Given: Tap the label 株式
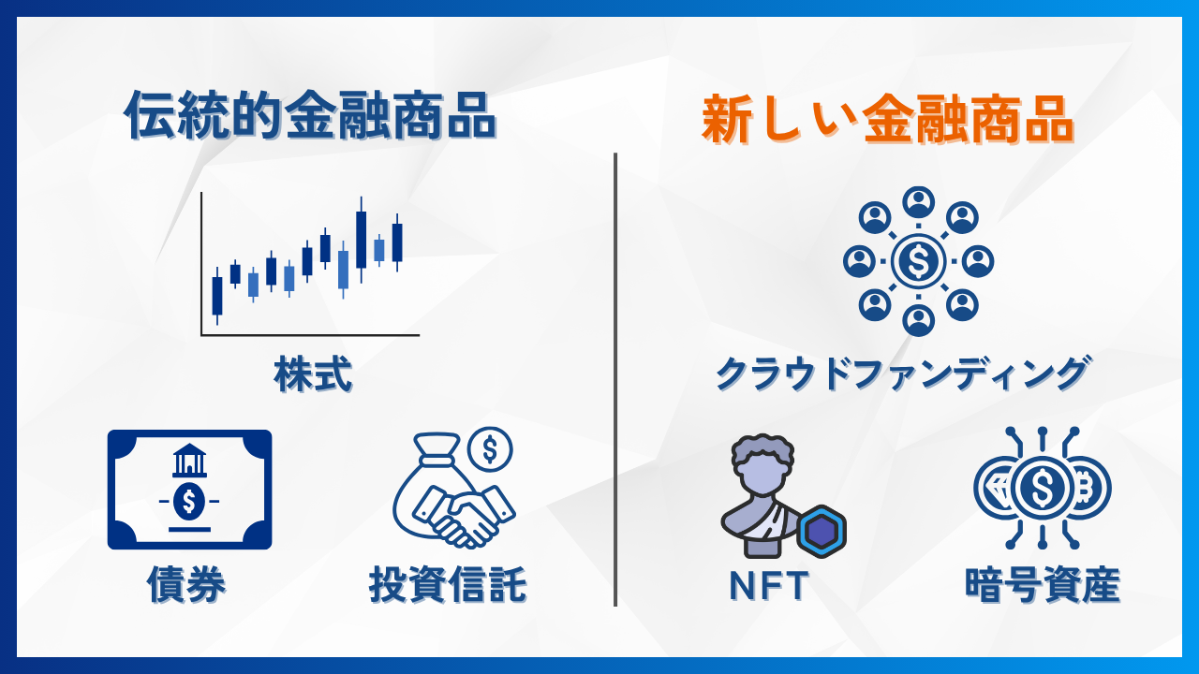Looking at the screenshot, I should click(x=313, y=374).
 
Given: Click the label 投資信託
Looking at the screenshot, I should click(x=448, y=584).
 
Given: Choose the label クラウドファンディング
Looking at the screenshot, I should click(x=902, y=374).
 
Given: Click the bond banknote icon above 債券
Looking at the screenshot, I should click(x=189, y=490).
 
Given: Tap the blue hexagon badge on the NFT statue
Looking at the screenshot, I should click(x=822, y=531).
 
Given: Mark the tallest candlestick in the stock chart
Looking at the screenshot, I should click(x=361, y=239).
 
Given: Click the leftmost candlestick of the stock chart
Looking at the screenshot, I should click(x=217, y=295).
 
